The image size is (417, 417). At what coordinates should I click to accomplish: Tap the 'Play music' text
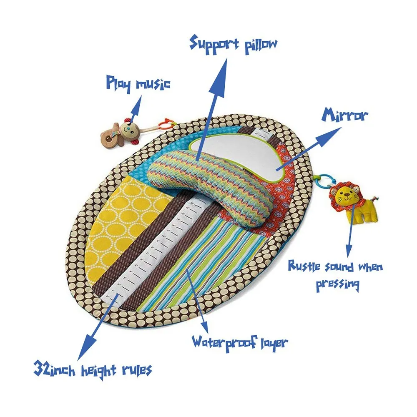138,83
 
